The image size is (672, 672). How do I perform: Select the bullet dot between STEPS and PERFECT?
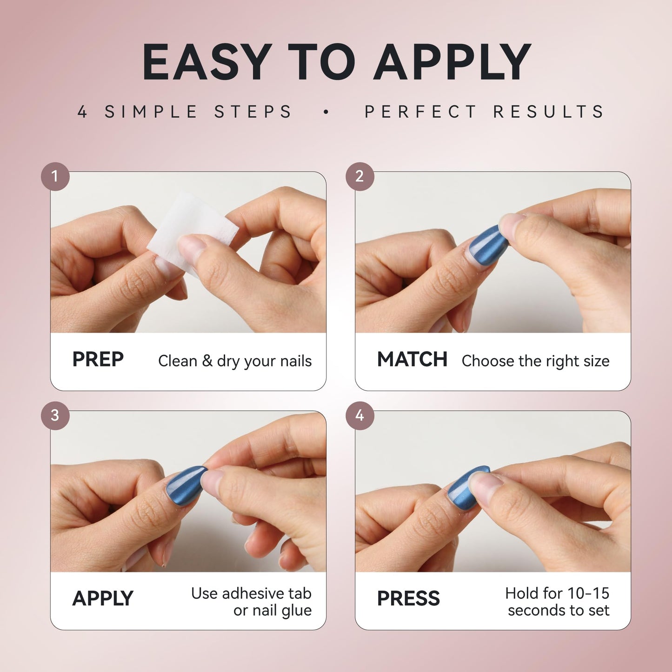326,112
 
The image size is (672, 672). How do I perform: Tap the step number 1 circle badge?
55,176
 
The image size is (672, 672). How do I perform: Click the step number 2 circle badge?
360,176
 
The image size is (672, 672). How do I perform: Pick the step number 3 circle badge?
55,415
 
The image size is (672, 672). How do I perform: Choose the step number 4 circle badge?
360,415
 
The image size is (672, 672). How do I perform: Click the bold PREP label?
98,359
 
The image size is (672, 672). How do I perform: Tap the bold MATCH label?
412,359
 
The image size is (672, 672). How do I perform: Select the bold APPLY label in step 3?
103,599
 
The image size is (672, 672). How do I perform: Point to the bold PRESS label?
408,599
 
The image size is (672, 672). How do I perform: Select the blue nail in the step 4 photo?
466,485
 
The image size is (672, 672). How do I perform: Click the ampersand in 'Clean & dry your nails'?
207,360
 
